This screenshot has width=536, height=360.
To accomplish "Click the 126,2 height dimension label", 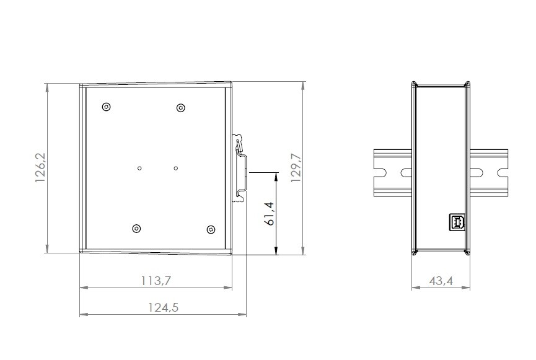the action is (x=41, y=167).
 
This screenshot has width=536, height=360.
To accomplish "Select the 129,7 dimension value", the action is (x=296, y=168).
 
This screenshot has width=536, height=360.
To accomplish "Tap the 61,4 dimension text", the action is (x=270, y=214).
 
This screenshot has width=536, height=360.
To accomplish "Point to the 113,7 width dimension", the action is (x=156, y=281).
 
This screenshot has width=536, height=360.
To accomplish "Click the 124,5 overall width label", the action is (x=164, y=307).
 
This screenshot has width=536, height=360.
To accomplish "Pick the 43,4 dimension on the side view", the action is (x=441, y=281).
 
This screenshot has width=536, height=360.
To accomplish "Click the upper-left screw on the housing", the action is (x=107, y=107).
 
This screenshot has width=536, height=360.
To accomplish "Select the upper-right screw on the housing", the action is (x=181, y=108).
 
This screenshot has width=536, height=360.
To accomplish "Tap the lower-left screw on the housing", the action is (x=137, y=229).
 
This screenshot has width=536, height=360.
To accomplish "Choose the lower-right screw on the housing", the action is (x=211, y=229).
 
